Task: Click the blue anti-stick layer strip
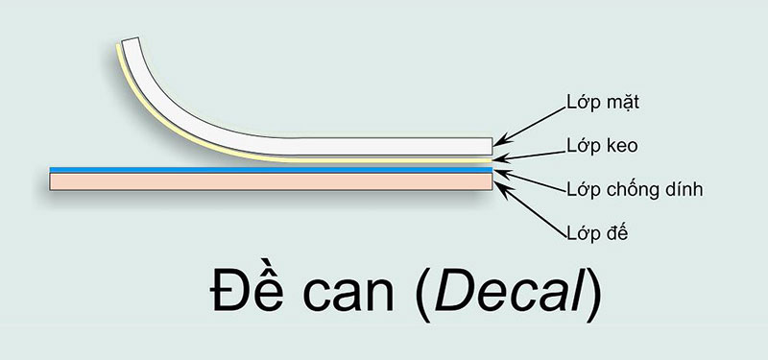[x=269, y=169]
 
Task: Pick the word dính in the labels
[x=683, y=189]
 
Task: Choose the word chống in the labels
[x=627, y=190]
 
